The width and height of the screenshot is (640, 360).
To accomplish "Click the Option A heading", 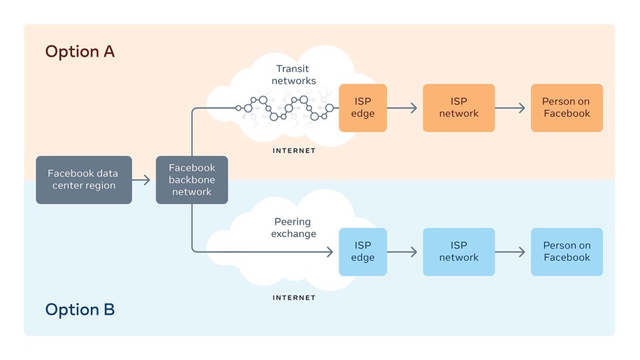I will coord(80,52).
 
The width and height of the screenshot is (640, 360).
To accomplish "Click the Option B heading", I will coord(80,309).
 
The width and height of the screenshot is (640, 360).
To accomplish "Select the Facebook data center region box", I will coord(84,180).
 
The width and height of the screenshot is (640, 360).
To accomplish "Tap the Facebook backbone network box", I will coord(191,180).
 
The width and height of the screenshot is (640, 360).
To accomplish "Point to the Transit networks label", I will coord(296,75).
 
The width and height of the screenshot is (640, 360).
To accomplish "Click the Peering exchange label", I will coord(295,227).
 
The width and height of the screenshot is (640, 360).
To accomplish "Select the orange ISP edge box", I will coord(363,108).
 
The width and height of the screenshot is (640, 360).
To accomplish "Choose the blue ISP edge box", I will coord(363,252).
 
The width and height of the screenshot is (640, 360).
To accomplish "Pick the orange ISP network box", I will coord(458,108).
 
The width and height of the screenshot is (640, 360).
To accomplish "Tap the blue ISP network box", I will coord(458,252).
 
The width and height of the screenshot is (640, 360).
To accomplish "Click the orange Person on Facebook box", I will coord(566,108).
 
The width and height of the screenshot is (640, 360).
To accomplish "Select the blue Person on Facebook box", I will coord(566,252).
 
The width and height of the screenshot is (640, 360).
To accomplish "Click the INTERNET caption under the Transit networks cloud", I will coord(293,150).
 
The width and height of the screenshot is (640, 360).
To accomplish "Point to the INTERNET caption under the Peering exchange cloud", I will coord(293,298).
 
